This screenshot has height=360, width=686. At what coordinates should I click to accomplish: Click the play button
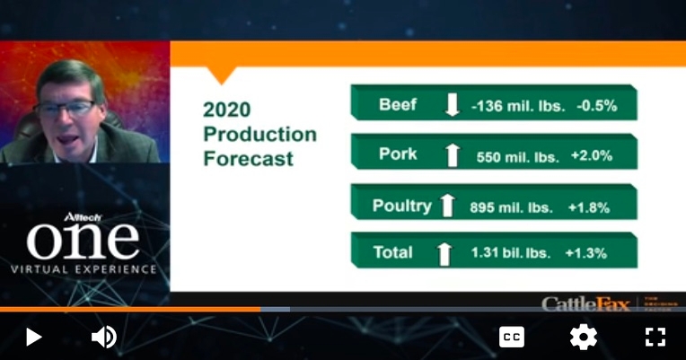(x=33, y=337)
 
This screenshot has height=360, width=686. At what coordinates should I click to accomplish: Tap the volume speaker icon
(x=104, y=337)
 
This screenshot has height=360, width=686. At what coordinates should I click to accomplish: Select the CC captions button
(x=512, y=337)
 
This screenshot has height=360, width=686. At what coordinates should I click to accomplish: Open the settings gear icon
(x=584, y=337)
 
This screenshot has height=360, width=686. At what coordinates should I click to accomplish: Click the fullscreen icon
(x=655, y=337)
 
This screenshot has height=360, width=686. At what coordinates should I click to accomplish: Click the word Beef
(x=398, y=105)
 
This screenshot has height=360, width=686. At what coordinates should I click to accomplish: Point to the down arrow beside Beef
(x=453, y=106)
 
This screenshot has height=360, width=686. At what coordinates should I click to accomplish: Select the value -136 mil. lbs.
(x=518, y=106)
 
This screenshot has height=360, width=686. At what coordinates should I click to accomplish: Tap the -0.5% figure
(x=596, y=106)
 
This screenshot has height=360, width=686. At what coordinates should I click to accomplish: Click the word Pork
(x=398, y=154)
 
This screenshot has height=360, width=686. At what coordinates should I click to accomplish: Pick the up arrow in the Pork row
(x=453, y=155)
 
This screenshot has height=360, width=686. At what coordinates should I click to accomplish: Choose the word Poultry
(x=402, y=206)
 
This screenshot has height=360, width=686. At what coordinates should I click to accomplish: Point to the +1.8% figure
(x=589, y=207)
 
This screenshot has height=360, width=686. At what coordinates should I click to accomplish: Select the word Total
(x=395, y=253)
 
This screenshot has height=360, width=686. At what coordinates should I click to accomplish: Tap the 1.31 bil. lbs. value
(x=510, y=254)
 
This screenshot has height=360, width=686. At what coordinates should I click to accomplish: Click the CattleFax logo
(x=584, y=303)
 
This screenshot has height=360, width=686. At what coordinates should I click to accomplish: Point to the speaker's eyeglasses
(x=65, y=108)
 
